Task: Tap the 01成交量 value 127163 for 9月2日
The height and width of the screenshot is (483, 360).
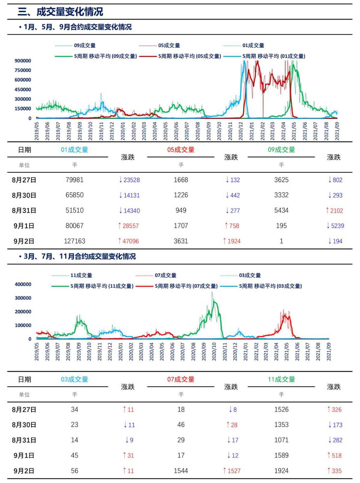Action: [74, 241]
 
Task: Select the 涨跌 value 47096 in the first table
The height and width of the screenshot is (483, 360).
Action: [129, 241]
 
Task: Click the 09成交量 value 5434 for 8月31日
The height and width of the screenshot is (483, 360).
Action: [281, 211]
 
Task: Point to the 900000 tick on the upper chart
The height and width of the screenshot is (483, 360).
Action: [23, 61]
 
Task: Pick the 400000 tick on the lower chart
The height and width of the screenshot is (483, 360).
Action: [23, 284]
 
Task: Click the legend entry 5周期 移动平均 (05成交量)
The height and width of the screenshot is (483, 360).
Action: [189, 56]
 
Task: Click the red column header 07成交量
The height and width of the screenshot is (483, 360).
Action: [181, 379]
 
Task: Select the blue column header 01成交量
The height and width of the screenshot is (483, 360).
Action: [74, 150]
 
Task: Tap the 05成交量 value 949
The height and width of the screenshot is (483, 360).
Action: [181, 211]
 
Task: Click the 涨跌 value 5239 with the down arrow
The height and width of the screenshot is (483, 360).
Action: [335, 226]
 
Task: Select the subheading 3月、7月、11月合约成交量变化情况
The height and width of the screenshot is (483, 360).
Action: [79, 256]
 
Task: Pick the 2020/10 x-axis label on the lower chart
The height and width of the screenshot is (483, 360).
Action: [214, 352]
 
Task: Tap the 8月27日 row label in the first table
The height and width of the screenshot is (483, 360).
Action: [24, 180]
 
